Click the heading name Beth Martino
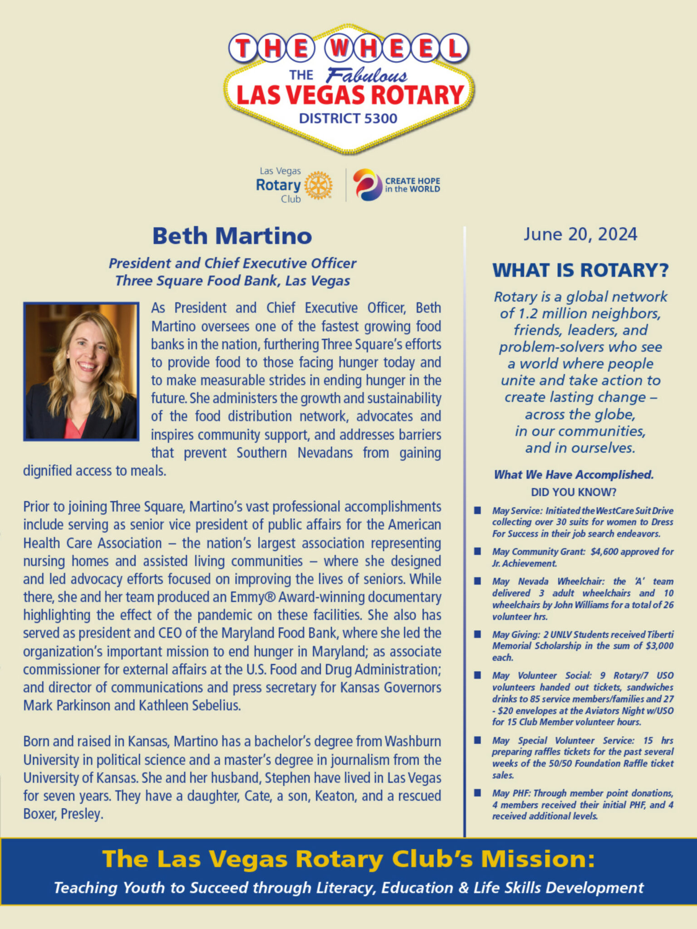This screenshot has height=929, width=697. (x=232, y=236)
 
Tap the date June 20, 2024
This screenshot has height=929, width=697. (x=580, y=235)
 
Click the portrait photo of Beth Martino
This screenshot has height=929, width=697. (x=81, y=372)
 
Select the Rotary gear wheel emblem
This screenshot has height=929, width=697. (x=318, y=185)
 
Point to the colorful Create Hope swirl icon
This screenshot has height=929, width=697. (x=367, y=185)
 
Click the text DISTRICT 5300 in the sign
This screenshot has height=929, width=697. (x=348, y=119)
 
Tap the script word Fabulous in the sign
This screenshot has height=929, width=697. (x=367, y=75)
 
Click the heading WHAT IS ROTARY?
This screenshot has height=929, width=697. (x=580, y=270)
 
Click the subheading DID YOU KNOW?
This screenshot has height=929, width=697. (x=574, y=492)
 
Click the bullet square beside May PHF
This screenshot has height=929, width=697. (x=477, y=793)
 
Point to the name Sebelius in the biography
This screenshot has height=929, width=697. (x=216, y=706)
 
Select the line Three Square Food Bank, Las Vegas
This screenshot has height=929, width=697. (x=232, y=281)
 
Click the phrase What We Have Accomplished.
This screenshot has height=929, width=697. (x=574, y=475)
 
